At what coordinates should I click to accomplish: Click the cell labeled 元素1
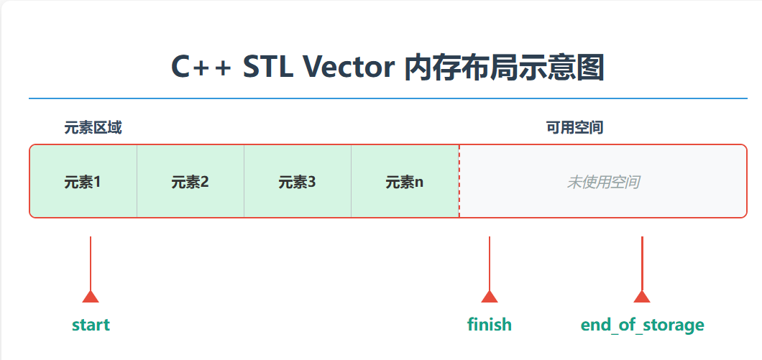pos(83,182)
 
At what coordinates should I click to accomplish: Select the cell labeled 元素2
pos(190,182)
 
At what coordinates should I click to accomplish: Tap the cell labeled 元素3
pos(297,182)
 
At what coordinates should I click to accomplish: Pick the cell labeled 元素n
pos(405,182)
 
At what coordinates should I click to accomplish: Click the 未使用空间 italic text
pos(602,182)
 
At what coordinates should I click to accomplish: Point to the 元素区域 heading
pos(93,129)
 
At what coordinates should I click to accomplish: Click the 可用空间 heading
pos(574,129)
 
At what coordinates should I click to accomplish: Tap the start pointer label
pos(91,325)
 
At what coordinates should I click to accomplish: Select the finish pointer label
pos(490,325)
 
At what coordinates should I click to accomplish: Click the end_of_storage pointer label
pos(642,325)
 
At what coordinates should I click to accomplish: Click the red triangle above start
pos(91,297)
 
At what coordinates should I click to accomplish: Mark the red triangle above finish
pos(490,297)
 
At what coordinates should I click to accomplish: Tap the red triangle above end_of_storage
pos(642,297)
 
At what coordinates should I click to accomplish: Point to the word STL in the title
pos(268,68)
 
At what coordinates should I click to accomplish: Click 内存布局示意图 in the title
pos(503,68)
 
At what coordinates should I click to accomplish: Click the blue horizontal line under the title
pos(388,98)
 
